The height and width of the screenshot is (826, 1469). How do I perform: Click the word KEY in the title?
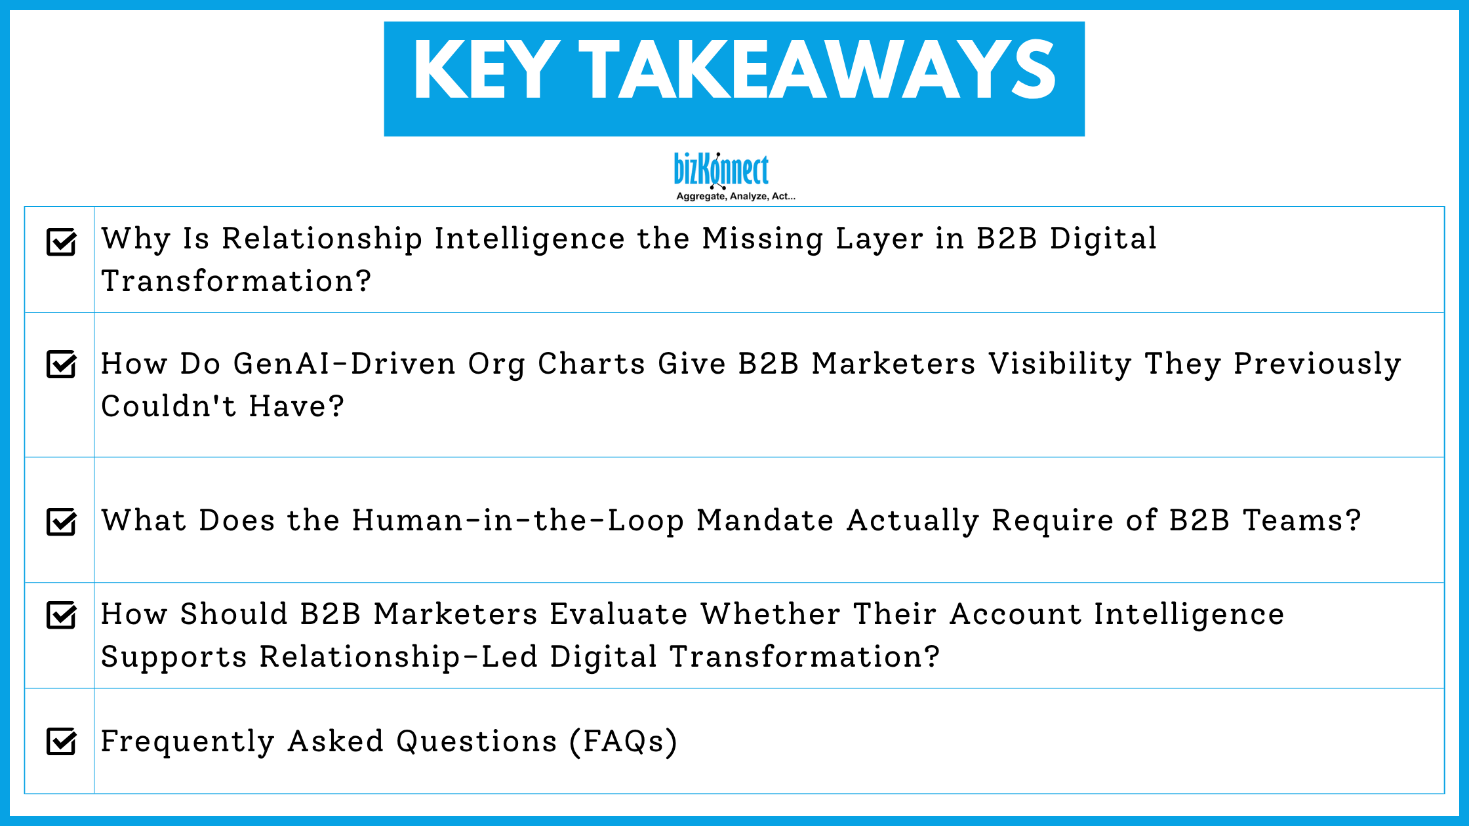coord(487,69)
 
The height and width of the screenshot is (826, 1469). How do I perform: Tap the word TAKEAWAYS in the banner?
coord(817,69)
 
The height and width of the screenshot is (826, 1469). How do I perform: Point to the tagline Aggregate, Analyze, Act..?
coord(735,196)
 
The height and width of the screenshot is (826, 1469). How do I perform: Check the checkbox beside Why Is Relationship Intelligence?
coord(62,242)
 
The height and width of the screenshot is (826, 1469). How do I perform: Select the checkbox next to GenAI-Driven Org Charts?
coord(62,364)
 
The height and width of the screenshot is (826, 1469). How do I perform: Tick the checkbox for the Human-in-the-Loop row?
coord(62,522)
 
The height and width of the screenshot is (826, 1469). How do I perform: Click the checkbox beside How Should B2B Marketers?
coord(62,615)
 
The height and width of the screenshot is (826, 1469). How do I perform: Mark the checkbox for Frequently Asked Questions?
coord(62,741)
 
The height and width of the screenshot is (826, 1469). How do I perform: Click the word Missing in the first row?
coord(762,239)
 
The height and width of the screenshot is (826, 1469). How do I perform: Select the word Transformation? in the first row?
coord(236,281)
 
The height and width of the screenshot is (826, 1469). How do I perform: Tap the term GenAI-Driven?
coord(344,364)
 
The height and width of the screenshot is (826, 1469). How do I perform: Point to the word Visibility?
coord(1060,364)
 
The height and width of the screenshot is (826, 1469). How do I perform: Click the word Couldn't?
coord(169,406)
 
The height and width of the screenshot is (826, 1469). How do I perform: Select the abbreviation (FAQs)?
coord(623,741)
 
